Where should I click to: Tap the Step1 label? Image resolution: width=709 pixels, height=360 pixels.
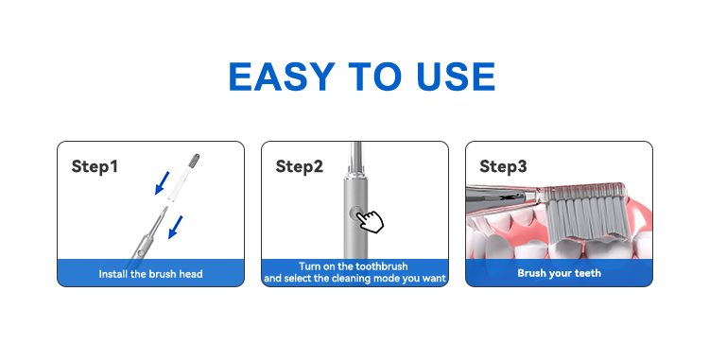[95, 166]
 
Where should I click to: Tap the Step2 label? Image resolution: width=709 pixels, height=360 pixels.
[300, 166]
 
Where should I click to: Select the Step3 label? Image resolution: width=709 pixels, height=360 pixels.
[503, 166]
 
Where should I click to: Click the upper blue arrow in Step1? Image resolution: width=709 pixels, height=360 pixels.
[162, 182]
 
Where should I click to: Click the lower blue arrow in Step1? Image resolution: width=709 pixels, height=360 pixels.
[176, 227]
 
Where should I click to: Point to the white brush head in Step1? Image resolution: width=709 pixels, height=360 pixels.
[183, 177]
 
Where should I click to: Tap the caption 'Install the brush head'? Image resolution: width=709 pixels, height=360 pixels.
[150, 274]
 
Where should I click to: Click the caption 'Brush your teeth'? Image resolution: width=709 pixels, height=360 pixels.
[560, 273]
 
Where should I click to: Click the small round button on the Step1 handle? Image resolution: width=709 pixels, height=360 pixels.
[141, 253]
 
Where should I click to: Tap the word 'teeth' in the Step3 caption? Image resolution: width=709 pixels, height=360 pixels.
[587, 273]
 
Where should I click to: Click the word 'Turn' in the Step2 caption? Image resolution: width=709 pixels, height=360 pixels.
[309, 266]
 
